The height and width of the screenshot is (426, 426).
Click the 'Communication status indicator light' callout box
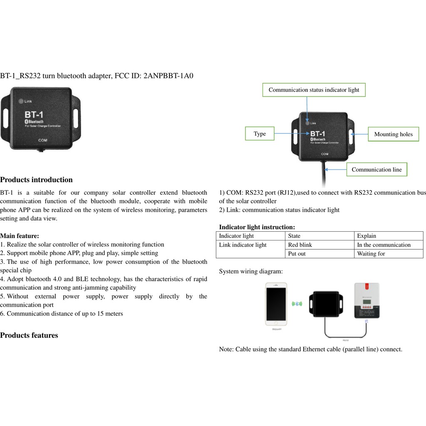coord(314,90)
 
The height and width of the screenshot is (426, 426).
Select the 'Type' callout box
coord(260,134)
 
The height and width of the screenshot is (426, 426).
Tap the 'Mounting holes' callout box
coord(393,134)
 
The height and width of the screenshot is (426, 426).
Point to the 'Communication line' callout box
coord(376,169)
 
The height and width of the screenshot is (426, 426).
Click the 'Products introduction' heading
coord(36,180)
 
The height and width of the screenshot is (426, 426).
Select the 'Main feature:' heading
coord(20,236)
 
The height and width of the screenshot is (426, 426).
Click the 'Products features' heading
coord(29,335)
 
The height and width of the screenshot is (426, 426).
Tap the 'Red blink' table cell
coord(300,245)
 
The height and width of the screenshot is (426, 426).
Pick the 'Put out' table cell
coord(297,253)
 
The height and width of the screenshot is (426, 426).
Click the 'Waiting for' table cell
coord(371,253)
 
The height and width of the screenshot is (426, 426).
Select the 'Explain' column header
coord(367,236)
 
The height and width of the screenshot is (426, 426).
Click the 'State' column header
coord(294,236)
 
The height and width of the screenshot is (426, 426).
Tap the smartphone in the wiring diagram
coord(276,304)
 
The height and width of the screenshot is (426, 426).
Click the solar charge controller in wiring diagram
coord(367,300)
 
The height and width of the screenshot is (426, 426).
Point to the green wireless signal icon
coord(297,304)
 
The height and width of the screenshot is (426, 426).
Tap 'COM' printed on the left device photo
coord(43,140)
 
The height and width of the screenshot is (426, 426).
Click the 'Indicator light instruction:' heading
coord(257,227)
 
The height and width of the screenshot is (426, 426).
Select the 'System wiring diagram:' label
coord(251,271)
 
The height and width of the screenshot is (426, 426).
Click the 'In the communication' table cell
coord(384,245)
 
